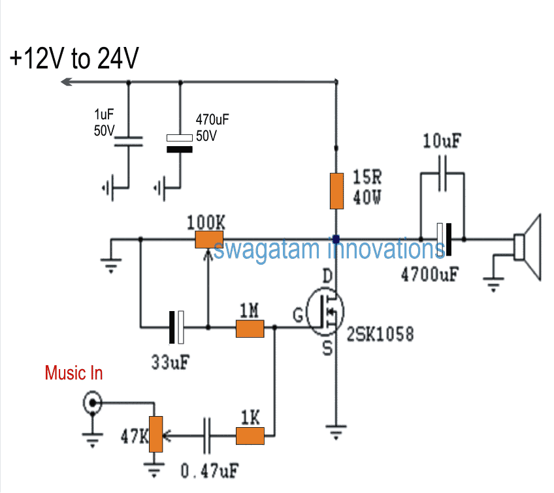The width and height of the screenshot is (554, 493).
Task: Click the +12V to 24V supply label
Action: [74, 59]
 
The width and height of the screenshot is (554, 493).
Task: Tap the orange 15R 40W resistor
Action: [337, 192]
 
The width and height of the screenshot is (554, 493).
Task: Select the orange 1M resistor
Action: [249, 329]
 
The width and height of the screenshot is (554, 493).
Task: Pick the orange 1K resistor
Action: [249, 436]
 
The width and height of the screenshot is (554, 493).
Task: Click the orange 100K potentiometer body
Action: [210, 240]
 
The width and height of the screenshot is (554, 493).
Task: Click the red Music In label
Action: [74, 374]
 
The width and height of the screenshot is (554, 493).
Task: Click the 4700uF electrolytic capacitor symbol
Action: [445, 240]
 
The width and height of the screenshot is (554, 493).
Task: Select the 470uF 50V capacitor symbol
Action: [179, 143]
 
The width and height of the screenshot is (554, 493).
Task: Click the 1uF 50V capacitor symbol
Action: [127, 142]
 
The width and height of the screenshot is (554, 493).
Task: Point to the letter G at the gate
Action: [298, 316]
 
